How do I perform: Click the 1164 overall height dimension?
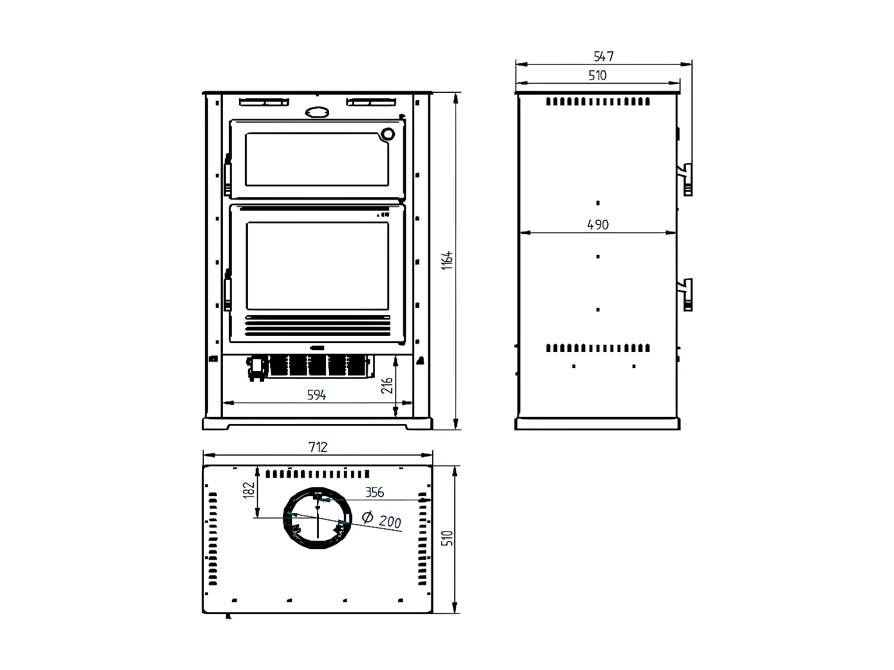[x=448, y=260]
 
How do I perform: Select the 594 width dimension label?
[x=316, y=395]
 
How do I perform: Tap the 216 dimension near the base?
[x=387, y=385]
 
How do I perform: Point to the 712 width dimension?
[x=318, y=447]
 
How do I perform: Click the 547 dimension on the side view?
[x=603, y=56]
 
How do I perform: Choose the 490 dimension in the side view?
[x=598, y=225]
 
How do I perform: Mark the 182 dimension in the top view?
[x=249, y=489]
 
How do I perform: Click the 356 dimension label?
[x=374, y=492]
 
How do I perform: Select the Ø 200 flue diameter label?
[x=382, y=520]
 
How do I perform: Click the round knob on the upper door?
[x=388, y=134]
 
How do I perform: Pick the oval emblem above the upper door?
[x=316, y=112]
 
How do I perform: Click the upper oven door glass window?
[x=316, y=159]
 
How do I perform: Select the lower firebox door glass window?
[x=317, y=266]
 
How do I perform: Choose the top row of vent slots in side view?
[x=598, y=101]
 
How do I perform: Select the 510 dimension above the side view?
[x=597, y=75]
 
